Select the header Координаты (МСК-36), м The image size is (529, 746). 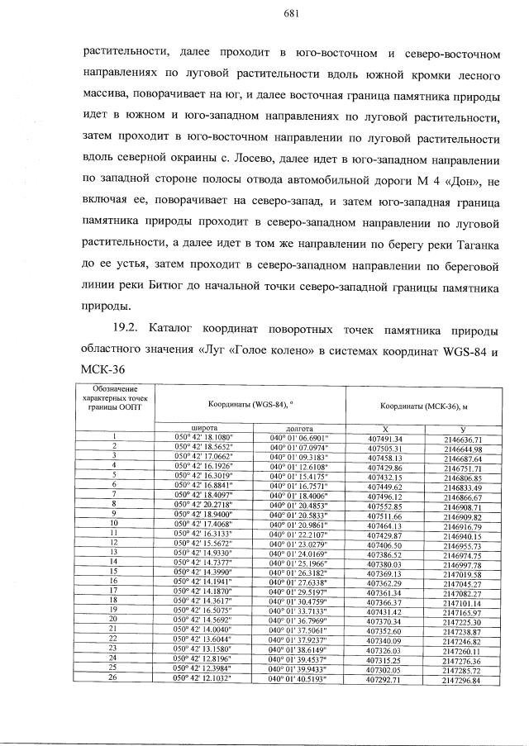coord(424,406)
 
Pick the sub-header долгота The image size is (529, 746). coord(298,428)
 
